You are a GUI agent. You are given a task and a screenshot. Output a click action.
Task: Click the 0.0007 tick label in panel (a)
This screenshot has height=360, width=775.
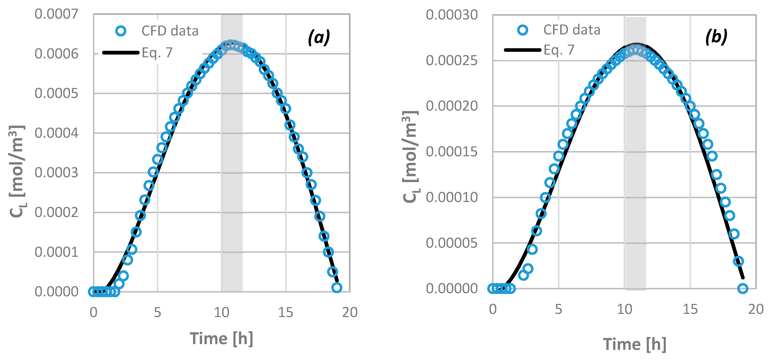pyautogui.click(x=56, y=14)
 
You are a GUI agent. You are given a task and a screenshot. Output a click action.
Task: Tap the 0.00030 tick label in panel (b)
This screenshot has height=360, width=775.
pyautogui.click(x=451, y=15)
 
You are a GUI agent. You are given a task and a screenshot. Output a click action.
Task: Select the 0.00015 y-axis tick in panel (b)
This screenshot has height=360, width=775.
pyautogui.click(x=451, y=152)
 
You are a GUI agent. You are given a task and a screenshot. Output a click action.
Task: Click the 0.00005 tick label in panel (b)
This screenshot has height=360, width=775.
pyautogui.click(x=451, y=243)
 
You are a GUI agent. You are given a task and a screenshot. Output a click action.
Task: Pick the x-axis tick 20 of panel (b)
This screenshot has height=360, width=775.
pyautogui.click(x=756, y=309)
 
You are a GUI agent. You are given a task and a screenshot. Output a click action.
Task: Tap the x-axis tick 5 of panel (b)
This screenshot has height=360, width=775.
pyautogui.click(x=558, y=309)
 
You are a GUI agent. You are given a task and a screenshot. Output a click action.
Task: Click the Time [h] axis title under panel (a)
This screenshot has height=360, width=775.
pyautogui.click(x=221, y=339)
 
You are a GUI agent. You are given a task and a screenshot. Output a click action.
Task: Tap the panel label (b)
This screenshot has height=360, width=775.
pyautogui.click(x=716, y=37)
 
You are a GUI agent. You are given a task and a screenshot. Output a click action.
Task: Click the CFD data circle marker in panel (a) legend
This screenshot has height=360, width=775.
pyautogui.click(x=121, y=31)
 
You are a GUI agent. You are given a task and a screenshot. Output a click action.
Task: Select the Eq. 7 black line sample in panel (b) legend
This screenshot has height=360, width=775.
pyautogui.click(x=523, y=50)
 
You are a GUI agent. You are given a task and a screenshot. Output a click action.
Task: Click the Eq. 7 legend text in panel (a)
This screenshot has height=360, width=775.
pyautogui.click(x=157, y=53)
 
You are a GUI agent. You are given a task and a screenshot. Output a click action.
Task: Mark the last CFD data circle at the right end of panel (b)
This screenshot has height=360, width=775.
pyautogui.click(x=743, y=289)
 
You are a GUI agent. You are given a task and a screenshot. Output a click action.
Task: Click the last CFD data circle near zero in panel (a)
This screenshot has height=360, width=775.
pyautogui.click(x=337, y=287)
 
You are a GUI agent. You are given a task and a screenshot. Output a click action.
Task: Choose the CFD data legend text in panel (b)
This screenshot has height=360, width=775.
pyautogui.click(x=572, y=30)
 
